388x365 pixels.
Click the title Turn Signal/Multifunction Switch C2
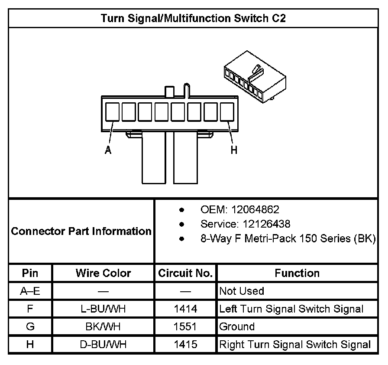[193, 18]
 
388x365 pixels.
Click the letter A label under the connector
[108, 150]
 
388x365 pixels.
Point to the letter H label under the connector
[234, 150]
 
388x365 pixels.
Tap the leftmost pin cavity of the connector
[113, 111]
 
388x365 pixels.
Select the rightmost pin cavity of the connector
[227, 111]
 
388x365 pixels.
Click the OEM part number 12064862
[255, 210]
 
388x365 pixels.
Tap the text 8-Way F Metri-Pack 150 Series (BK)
[288, 239]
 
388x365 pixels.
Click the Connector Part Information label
[81, 231]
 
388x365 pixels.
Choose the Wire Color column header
[103, 273]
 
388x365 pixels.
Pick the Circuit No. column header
[185, 273]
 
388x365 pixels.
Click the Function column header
[297, 273]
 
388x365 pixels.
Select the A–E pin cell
[30, 291]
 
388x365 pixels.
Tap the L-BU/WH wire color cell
[103, 309]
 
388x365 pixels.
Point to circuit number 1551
[185, 327]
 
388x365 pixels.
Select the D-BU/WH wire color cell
[103, 345]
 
